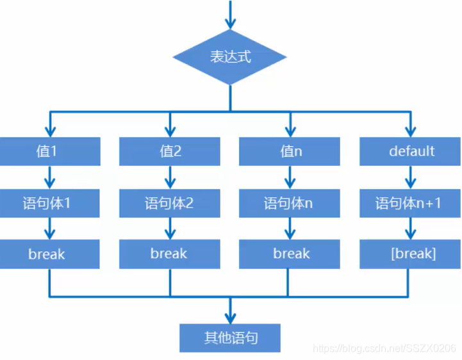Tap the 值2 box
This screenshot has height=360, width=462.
coord(170,152)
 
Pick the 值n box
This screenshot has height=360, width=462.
coord(290,152)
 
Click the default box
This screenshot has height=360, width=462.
coord(411,152)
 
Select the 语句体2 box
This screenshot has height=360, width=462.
coord(170,204)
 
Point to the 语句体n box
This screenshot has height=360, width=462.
coord(290,204)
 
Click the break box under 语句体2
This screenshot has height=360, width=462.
coord(170,254)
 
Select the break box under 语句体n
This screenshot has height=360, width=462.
coord(290,254)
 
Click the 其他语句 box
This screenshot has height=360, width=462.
coord(231,337)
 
